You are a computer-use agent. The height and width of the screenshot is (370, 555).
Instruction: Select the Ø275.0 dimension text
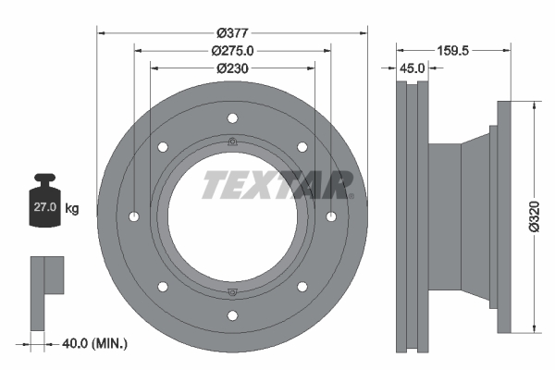click(x=232, y=50)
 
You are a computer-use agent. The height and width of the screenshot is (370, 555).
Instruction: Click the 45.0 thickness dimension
click(x=412, y=68)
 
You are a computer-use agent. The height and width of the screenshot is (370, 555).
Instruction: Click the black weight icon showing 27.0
click(x=45, y=204)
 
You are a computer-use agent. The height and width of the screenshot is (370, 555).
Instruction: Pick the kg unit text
click(x=71, y=209)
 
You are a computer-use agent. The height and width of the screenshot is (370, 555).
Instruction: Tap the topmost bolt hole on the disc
click(x=232, y=117)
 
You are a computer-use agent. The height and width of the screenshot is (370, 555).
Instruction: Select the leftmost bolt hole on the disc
click(x=134, y=216)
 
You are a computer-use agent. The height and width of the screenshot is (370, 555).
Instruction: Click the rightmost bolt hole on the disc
click(x=330, y=216)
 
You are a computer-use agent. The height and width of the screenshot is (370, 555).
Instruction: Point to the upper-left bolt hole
click(x=163, y=146)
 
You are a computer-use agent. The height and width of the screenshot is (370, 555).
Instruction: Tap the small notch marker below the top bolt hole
click(x=232, y=142)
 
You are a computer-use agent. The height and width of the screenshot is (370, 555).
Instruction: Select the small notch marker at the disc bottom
click(x=232, y=292)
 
